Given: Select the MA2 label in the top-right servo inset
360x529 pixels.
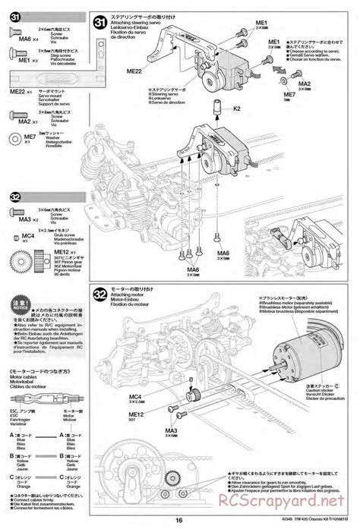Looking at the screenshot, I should [304, 84].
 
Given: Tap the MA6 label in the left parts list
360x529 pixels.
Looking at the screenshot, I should [24, 39].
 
